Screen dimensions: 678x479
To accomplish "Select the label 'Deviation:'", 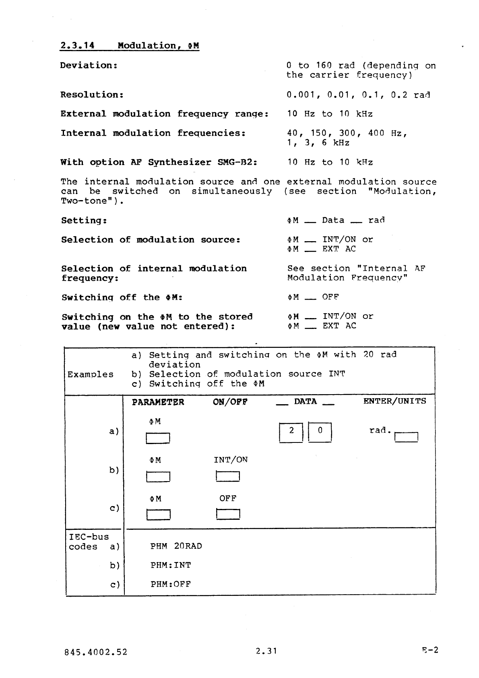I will [89, 65].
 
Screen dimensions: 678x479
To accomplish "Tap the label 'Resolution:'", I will [92, 95].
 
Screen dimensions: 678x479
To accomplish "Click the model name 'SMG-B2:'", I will [237, 162].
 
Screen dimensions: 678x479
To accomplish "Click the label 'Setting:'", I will [84, 220].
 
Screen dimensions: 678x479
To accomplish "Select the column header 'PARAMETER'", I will [158, 402].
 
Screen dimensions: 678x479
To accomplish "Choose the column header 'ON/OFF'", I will [230, 402].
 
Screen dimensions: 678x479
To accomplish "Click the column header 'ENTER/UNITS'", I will [394, 401].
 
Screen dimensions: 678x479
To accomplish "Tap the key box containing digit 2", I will [291, 432].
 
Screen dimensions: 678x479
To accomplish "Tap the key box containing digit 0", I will [320, 432].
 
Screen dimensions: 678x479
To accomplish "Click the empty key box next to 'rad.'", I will [407, 436].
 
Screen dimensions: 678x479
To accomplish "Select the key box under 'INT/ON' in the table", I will [228, 476].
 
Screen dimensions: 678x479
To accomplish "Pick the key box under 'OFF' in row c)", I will [228, 515].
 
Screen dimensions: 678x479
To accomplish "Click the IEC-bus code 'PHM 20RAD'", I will [176, 546].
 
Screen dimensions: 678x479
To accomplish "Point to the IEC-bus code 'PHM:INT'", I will [171, 565].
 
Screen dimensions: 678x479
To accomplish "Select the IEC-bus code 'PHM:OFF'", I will [171, 584].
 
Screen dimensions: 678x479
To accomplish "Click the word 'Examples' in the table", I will [91, 374].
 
